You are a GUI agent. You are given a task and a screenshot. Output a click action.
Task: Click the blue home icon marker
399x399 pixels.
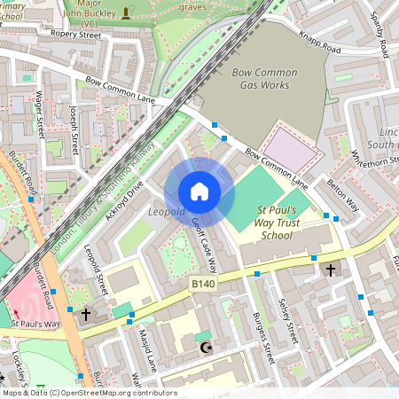click(199, 191)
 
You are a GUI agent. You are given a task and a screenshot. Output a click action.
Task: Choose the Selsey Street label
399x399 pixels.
click(288, 320)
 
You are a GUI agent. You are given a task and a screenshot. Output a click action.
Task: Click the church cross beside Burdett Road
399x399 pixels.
click(85, 314)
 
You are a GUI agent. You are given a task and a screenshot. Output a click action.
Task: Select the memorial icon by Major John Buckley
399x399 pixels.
click(126, 12)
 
